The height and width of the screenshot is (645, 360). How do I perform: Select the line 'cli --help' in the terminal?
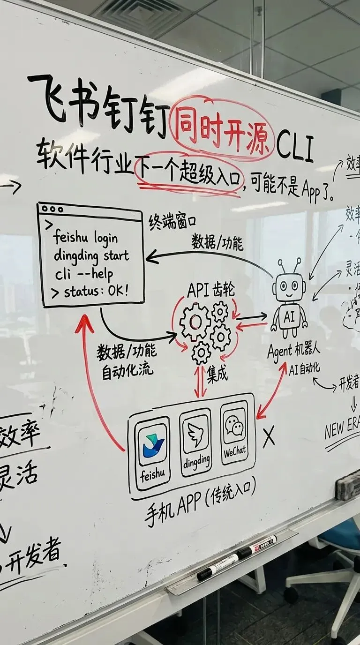(83, 274)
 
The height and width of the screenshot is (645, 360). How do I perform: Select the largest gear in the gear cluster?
(195, 322)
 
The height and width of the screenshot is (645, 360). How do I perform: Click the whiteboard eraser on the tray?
(348, 483)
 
